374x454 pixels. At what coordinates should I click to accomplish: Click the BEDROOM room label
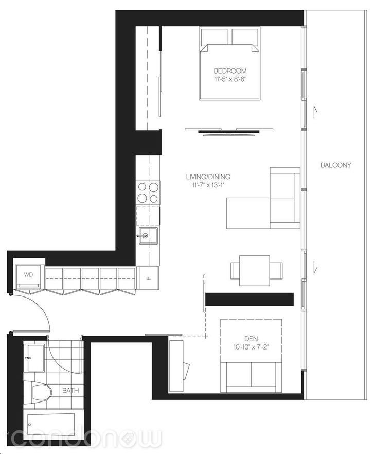[230, 71]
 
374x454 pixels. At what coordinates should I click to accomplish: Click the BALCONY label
[335, 165]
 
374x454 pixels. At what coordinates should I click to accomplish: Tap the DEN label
[251, 338]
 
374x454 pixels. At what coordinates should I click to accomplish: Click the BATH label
[70, 390]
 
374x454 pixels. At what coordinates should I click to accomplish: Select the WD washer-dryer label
[28, 275]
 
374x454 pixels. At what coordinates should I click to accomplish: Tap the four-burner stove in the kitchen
[148, 192]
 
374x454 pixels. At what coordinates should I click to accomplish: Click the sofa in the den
[251, 375]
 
